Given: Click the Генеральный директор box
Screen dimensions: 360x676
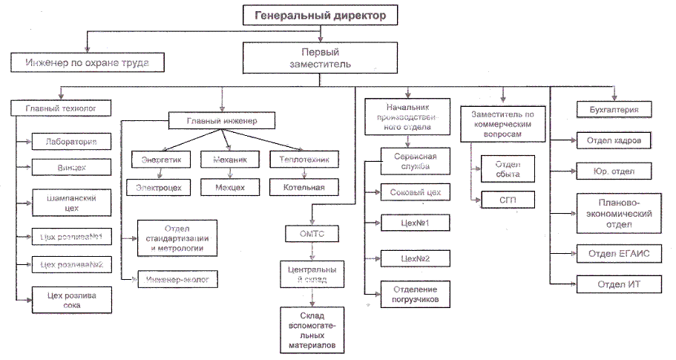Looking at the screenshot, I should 321,15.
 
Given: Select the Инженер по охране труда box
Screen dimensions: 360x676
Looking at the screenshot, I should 88,63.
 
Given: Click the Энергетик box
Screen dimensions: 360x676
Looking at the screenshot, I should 161,160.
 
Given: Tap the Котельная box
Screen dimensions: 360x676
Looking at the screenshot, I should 303,187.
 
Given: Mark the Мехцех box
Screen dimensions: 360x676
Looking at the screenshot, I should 230,187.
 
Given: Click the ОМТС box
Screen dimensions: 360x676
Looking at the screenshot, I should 313,235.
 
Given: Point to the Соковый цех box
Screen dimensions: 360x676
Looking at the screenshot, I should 416,193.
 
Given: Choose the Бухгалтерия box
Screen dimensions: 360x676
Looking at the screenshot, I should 613,110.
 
